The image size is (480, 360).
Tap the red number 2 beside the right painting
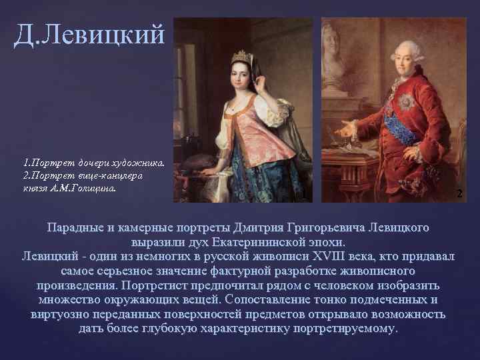[459, 193]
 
